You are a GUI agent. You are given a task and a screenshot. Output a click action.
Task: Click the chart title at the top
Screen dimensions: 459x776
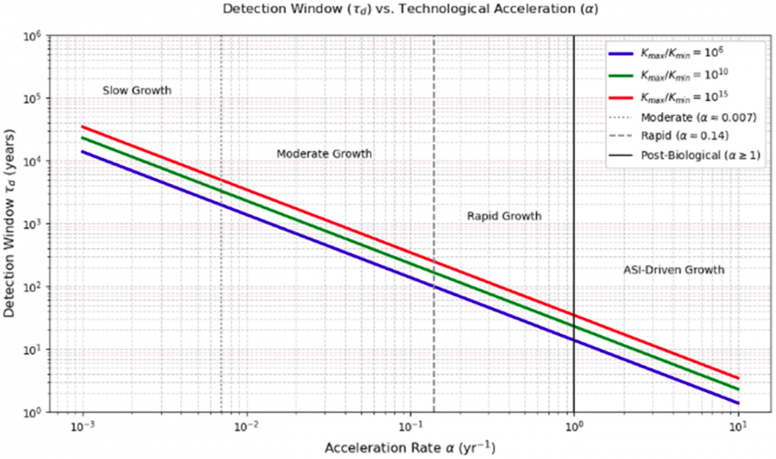410,9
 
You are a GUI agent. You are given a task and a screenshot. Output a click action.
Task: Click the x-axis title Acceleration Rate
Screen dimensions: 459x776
410,448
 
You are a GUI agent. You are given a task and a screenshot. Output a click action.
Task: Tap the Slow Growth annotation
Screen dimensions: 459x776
137,91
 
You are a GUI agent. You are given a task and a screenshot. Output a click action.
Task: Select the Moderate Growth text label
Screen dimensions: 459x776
324,154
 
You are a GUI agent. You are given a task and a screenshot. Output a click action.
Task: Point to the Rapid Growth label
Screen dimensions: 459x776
504,216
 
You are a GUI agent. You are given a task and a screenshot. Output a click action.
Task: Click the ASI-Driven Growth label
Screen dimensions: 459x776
674,270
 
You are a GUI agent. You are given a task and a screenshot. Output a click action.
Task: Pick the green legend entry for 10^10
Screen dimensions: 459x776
684,75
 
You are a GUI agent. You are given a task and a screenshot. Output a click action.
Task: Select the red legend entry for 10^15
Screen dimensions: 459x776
684,96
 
